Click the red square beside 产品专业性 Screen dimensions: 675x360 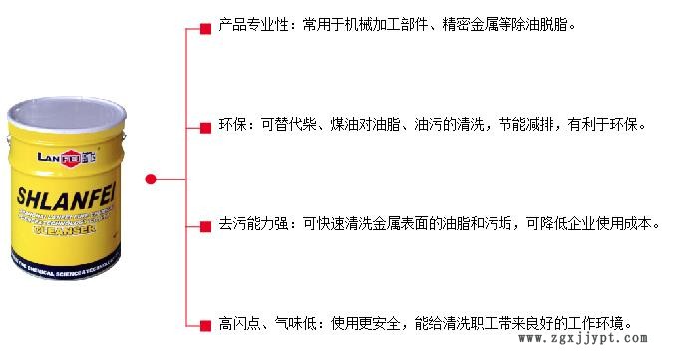(x=205, y=25)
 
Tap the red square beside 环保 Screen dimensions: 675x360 (x=205, y=126)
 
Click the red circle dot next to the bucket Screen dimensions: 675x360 (x=150, y=180)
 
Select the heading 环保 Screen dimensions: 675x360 (x=231, y=125)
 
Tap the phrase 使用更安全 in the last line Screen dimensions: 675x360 (x=367, y=324)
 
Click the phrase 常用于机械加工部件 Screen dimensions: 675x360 (x=365, y=24)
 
